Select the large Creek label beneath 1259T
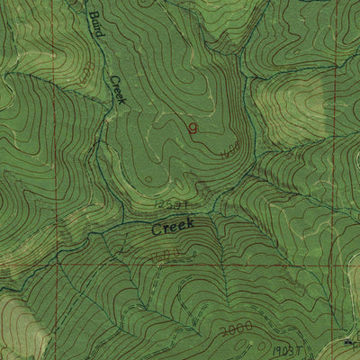tap(172, 228)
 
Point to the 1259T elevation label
tap(174, 208)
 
